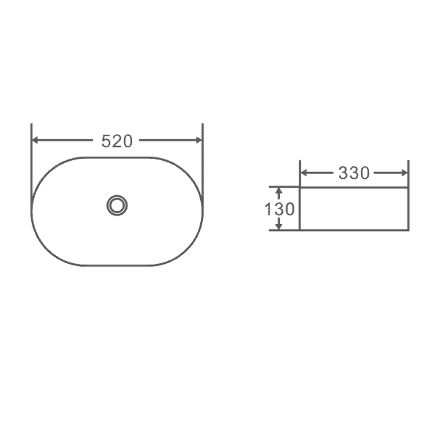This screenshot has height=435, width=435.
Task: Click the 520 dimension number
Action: click(117, 141)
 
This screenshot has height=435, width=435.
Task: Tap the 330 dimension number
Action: click(354, 173)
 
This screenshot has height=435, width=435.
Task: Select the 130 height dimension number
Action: click(279, 210)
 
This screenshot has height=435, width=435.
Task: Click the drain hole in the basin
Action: click(117, 206)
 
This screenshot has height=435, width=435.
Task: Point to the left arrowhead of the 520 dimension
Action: click(36, 140)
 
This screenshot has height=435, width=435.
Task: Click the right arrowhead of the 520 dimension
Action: click(199, 140)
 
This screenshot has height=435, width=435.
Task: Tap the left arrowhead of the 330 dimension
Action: click(304, 173)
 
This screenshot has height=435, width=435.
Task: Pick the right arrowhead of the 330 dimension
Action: click(405, 173)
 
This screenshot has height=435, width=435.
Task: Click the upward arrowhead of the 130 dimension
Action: click(279, 191)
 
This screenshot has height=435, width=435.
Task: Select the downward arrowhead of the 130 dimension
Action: click(279, 226)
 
